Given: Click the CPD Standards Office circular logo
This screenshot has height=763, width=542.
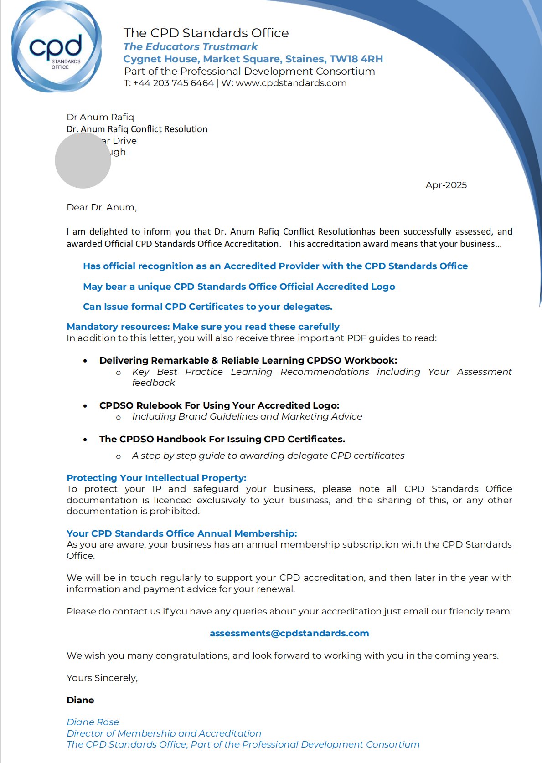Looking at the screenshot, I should coord(57,47).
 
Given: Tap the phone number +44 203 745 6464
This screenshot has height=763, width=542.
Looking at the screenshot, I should coord(173,83).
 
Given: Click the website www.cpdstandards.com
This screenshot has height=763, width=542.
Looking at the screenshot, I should coord(291,83).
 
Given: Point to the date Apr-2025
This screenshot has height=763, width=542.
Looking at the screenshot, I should coord(446,185).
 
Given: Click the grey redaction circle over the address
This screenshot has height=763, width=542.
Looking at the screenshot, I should coord(83,160).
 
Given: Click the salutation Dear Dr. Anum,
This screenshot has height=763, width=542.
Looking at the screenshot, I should coord(102,208).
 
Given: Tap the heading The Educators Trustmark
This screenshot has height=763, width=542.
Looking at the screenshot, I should coord(190,47).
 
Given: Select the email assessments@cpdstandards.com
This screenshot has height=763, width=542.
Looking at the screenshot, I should coord(289,633).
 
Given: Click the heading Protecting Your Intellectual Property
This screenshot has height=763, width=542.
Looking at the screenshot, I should coord(156,478).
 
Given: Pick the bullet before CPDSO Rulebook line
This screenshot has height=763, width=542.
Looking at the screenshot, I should coord(85,406).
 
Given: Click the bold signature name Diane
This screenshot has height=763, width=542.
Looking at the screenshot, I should coord(80,700).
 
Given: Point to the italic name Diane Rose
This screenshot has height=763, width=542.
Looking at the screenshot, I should coord(93,722).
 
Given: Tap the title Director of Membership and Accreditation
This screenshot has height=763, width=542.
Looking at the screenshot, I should coord(164,733).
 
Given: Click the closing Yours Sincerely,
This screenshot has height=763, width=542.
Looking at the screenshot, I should coord(102,678).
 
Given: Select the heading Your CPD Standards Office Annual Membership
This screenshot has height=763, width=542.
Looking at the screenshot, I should coord(181,533).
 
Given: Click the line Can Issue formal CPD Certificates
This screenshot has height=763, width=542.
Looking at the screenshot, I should coord(207,307).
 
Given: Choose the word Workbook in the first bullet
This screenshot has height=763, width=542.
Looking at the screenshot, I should coord(370,360).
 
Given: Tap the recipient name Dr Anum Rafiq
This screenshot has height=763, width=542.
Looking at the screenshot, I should coord(100,117).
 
